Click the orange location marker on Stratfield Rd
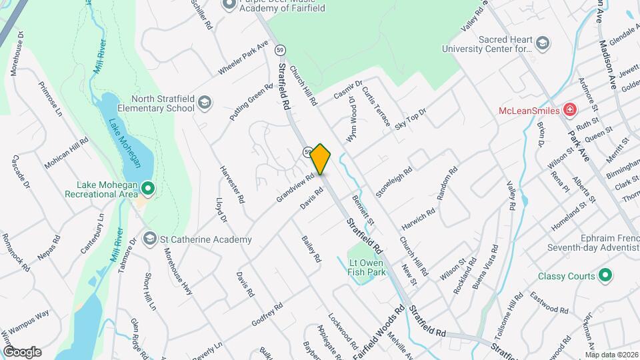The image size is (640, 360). click(x=321, y=159)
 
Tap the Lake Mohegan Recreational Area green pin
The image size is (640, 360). click(x=147, y=190)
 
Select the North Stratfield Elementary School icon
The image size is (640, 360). click(x=204, y=103)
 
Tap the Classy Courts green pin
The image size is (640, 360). click(x=605, y=275)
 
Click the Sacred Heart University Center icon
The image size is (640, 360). click(x=543, y=43)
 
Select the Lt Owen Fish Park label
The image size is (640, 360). click(x=367, y=267)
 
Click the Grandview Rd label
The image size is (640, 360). click(x=295, y=189)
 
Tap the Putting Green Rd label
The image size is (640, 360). click(x=251, y=102)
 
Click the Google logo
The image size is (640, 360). click(x=22, y=351)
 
